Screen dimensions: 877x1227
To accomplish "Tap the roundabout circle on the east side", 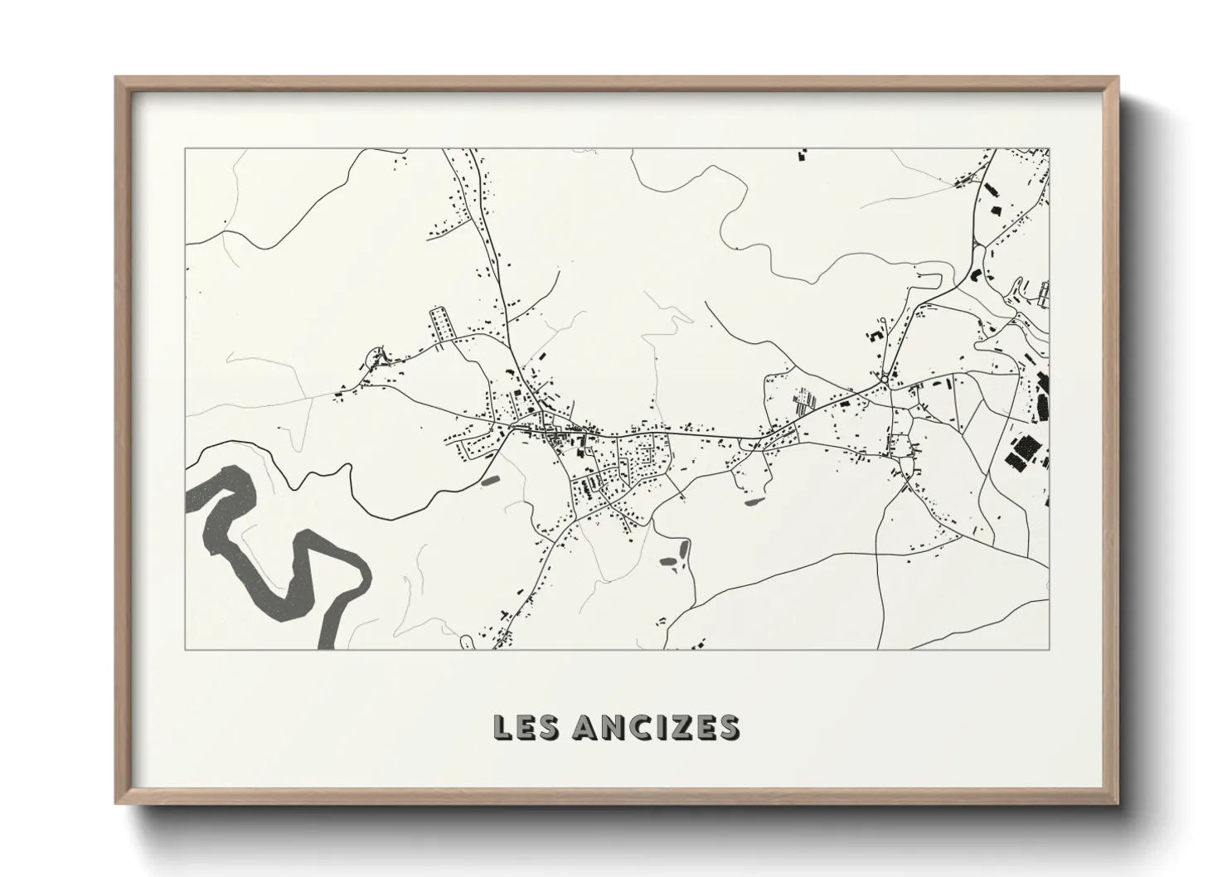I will point(886,380).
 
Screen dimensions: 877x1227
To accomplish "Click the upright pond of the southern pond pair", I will point(684,548).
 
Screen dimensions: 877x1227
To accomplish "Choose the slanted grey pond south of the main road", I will point(754,501).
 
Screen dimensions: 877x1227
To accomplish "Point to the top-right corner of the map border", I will point(1049,148).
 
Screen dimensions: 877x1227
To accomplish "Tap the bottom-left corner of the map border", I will point(185,649).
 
